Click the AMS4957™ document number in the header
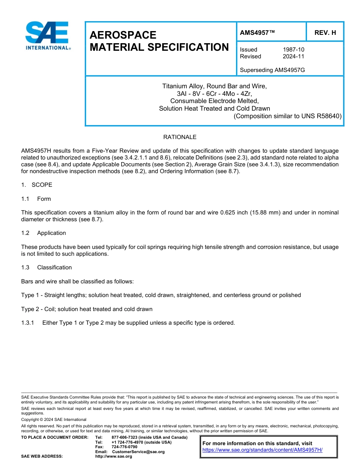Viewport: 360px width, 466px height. pyautogui.click(x=257, y=33)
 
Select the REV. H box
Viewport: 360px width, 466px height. pyautogui.click(x=325, y=33)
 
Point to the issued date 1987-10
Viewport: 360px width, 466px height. pyautogui.click(x=293, y=50)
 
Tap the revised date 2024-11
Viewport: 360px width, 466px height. pyautogui.click(x=293, y=56)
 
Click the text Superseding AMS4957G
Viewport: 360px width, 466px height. pyautogui.click(x=272, y=70)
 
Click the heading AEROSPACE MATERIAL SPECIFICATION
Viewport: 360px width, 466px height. pyautogui.click(x=159, y=41)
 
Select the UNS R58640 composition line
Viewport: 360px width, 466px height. pyautogui.click(x=288, y=116)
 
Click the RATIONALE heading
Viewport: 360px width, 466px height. pyautogui.click(x=180, y=137)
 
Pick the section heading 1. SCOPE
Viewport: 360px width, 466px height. pyautogui.click(x=37, y=185)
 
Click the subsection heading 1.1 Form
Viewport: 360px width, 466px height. pyautogui.click(x=36, y=199)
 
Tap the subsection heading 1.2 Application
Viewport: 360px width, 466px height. pyautogui.click(x=44, y=233)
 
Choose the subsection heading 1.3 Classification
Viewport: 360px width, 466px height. pyautogui.click(x=46, y=267)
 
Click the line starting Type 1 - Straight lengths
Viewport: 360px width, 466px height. pyautogui.click(x=161, y=295)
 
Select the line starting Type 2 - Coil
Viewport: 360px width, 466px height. pyautogui.click(x=87, y=309)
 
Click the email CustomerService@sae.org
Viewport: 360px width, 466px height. pyautogui.click(x=138, y=452)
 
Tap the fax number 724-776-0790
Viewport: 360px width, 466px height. pyautogui.click(x=124, y=447)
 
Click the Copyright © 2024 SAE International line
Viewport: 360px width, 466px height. pyautogui.click(x=54, y=419)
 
